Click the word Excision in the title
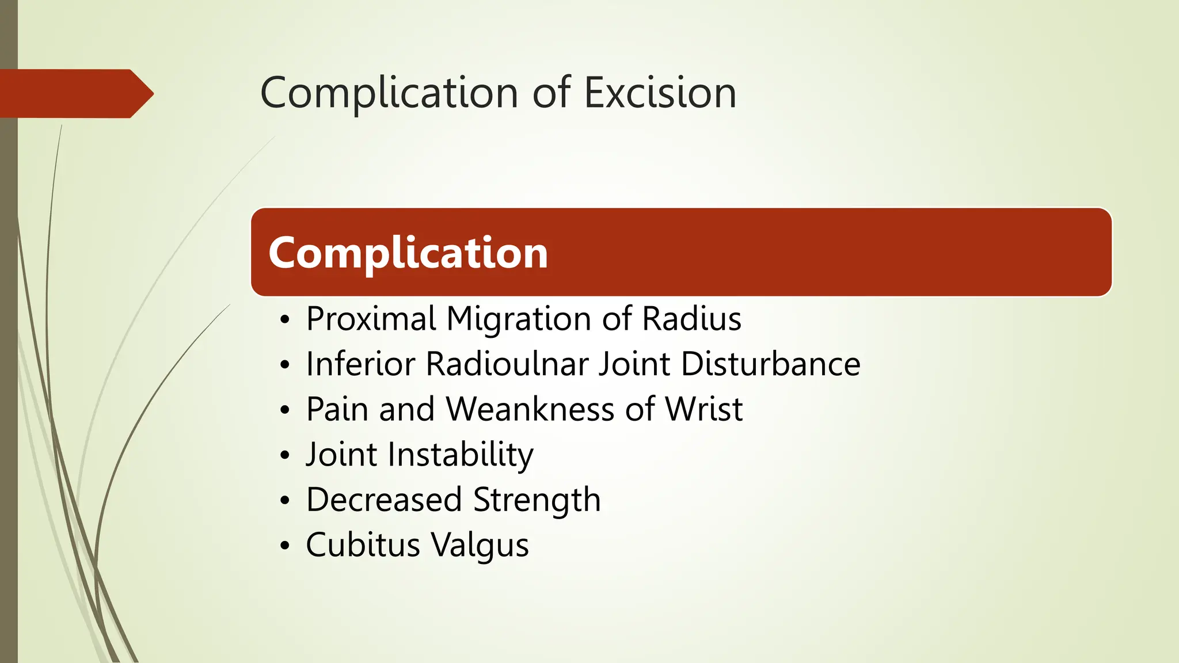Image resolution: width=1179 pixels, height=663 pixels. coord(660,93)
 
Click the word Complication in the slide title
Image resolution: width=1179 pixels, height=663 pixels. coord(389,94)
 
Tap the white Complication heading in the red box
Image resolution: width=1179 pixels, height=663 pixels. coord(408,253)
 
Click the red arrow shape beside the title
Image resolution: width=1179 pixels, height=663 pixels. coord(75,94)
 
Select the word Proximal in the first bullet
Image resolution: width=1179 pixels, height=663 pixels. coord(371,319)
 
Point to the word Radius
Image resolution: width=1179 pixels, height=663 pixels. coord(691,319)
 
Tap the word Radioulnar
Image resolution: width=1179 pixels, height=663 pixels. coord(508,364)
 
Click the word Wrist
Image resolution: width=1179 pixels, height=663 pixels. coord(703,409)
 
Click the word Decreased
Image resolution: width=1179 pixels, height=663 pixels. coord(384,500)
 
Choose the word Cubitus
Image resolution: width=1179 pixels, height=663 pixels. coord(363,545)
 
